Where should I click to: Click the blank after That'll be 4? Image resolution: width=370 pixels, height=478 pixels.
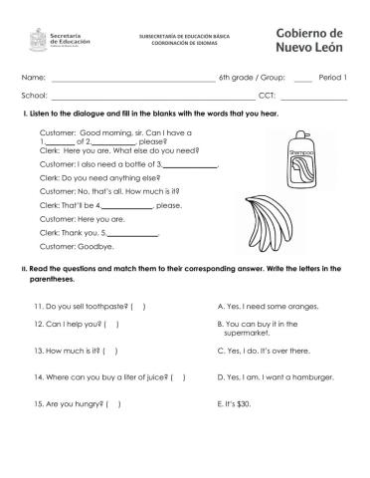pos(129,205)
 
